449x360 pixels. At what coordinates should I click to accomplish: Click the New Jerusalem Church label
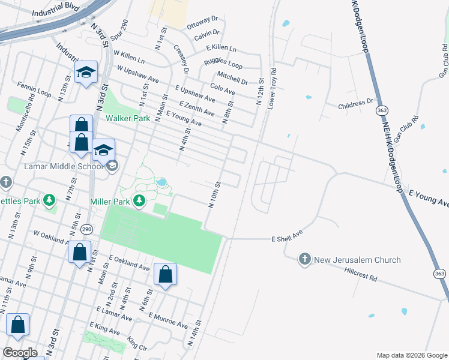tap(357, 260)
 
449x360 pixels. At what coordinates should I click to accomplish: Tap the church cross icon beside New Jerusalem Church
tap(304, 259)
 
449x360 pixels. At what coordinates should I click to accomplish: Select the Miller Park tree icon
tap(139, 200)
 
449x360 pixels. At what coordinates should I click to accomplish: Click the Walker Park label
tap(128, 118)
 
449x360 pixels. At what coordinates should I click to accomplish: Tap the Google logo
tap(20, 353)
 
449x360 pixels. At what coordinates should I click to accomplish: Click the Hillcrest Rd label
tap(361, 278)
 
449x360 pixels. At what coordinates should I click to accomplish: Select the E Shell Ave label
tap(286, 234)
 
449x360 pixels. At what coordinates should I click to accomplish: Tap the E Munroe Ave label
tap(167, 320)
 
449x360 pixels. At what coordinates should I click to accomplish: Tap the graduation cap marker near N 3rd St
tap(86, 73)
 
